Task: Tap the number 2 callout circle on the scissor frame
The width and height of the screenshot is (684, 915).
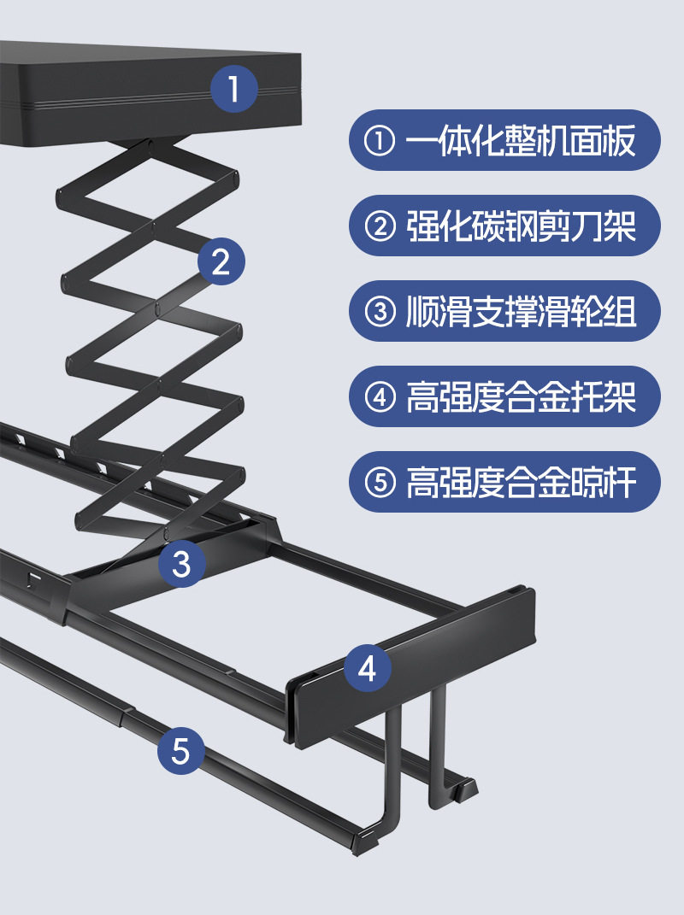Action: [x=221, y=261]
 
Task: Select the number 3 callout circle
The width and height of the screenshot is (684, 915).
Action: [x=182, y=563]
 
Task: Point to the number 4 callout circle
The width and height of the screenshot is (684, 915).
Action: [x=368, y=668]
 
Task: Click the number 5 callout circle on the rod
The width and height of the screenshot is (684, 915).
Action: [x=181, y=751]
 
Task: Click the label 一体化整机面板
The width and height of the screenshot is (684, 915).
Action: [x=504, y=140]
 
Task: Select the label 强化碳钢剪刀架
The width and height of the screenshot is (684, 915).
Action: [x=504, y=226]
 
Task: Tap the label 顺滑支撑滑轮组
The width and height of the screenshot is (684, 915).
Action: [x=504, y=311]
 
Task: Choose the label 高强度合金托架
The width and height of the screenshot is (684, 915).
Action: [x=504, y=396]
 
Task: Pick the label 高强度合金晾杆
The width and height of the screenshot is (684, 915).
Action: [x=504, y=482]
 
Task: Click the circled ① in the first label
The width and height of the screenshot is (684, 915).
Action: [x=380, y=141]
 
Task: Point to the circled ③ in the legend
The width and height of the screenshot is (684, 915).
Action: [x=380, y=312]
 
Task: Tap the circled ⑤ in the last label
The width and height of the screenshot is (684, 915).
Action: [x=380, y=483]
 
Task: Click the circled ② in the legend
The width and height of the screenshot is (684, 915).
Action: [x=380, y=226]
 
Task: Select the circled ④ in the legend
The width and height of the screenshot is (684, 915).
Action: [x=380, y=397]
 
